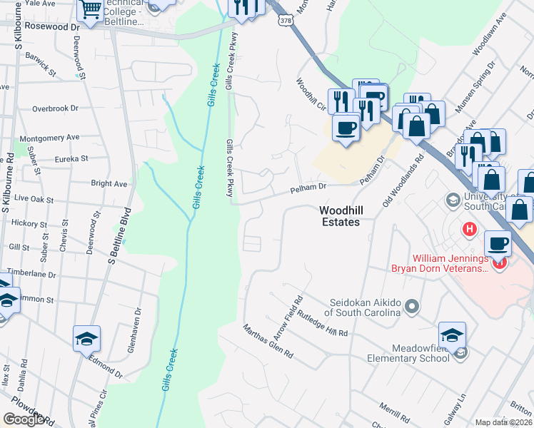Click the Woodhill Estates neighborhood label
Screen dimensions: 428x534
coord(339,215)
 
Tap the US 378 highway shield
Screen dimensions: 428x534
coord(286,21)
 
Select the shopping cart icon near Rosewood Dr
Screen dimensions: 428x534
coord(91,11)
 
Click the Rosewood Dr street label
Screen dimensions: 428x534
coord(52,26)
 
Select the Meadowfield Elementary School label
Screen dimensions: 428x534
coord(409,353)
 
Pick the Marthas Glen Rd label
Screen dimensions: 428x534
coord(268,342)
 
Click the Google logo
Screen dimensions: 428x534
coord(24,419)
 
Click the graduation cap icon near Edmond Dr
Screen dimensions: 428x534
coord(86,338)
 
